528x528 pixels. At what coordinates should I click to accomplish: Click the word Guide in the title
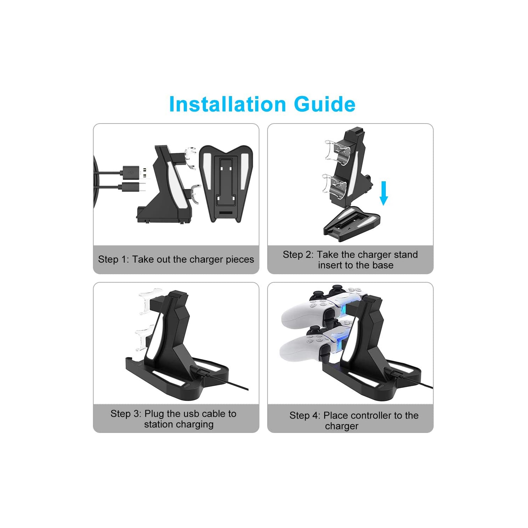click(x=325, y=104)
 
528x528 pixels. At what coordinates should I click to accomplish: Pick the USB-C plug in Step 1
click(x=133, y=187)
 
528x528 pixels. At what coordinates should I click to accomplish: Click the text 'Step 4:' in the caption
click(x=304, y=415)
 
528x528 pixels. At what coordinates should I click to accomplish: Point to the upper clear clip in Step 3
click(x=150, y=299)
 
